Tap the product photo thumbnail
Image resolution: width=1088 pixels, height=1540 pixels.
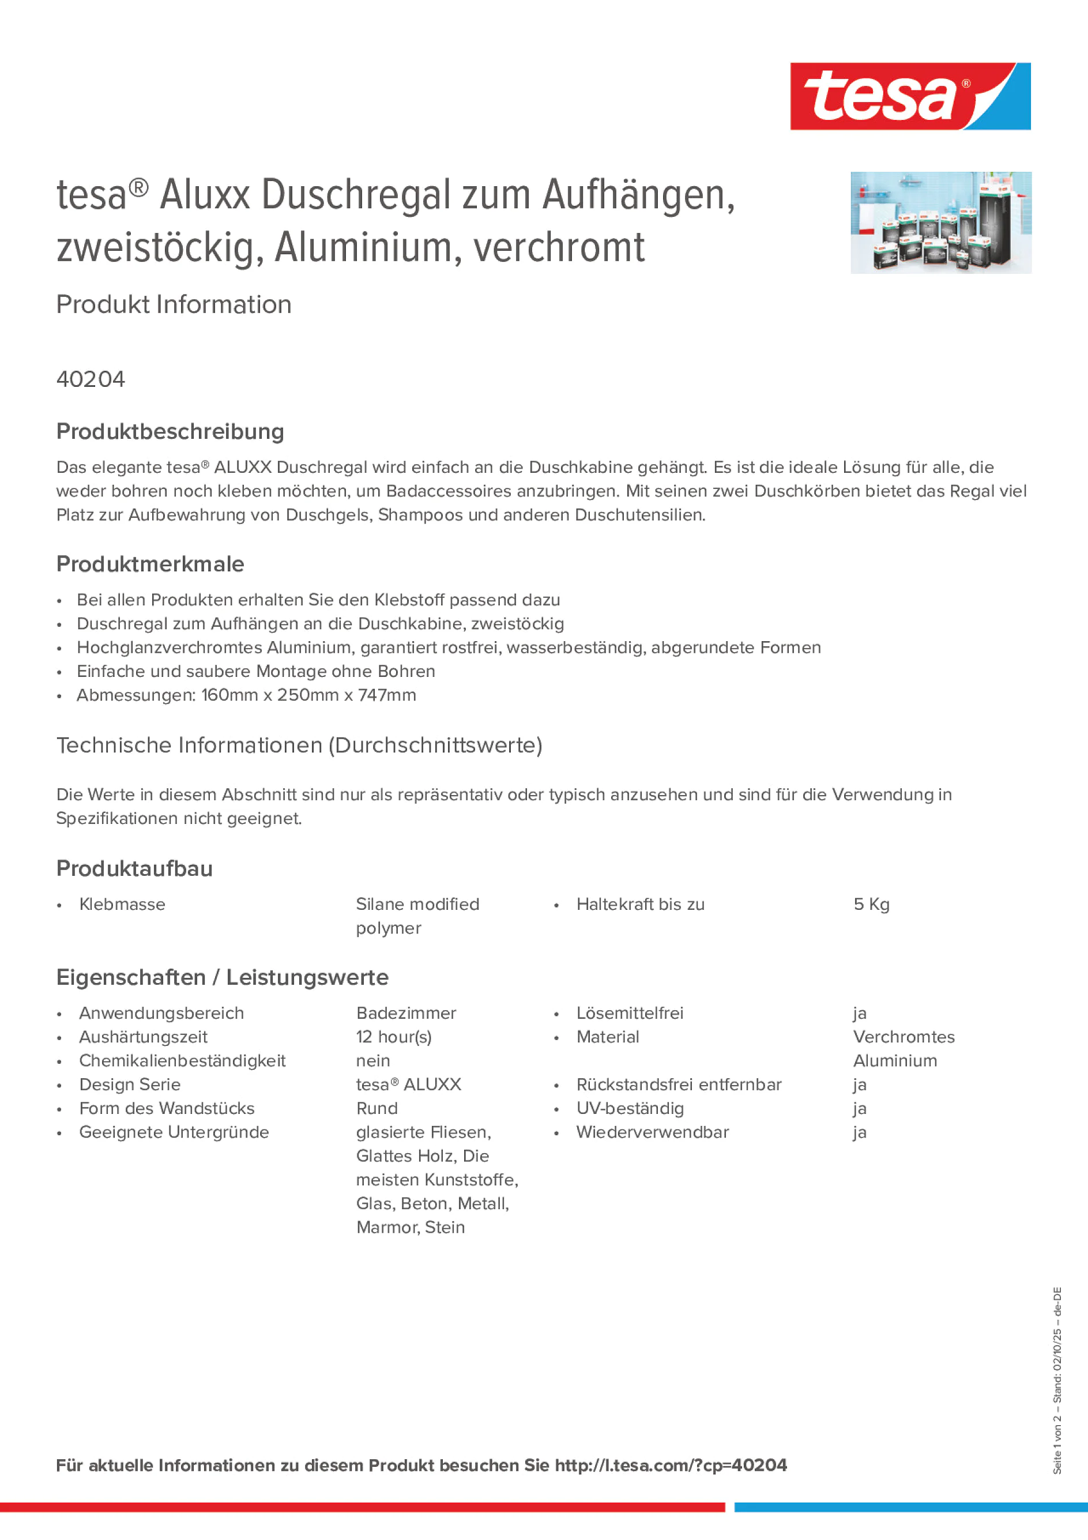(x=940, y=223)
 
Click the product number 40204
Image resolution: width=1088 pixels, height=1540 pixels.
(x=91, y=379)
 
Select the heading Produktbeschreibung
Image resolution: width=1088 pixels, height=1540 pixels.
(x=170, y=432)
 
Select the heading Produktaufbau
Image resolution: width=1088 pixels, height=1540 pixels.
(x=134, y=869)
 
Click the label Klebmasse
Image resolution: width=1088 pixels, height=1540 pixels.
(x=122, y=905)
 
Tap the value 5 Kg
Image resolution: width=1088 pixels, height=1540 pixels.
(x=871, y=905)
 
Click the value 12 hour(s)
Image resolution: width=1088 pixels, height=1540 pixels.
(x=394, y=1038)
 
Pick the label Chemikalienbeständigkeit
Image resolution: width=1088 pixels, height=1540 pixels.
(x=182, y=1061)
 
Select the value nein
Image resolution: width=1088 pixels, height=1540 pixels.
(x=373, y=1061)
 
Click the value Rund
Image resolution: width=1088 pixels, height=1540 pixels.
(x=377, y=1109)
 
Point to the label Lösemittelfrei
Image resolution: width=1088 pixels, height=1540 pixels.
(x=630, y=1014)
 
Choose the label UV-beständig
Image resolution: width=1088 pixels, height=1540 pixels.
(x=630, y=1109)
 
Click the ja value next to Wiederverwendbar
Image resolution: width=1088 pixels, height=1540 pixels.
(x=860, y=1133)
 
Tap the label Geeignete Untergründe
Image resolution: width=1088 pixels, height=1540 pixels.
(x=174, y=1133)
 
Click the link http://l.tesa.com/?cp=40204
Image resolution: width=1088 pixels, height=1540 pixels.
(x=671, y=1466)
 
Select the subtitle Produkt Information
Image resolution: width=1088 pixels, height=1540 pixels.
(x=174, y=305)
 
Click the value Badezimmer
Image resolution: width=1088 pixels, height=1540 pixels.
(x=406, y=1014)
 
